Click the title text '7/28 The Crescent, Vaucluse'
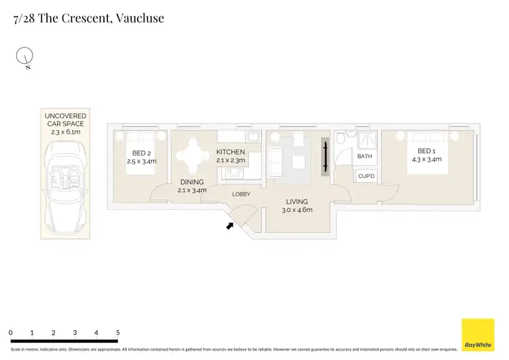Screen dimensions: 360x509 pos(88,18)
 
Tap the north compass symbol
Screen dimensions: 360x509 pos(24,58)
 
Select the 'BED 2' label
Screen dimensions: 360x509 pos(141,152)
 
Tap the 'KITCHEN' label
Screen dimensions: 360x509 pos(230,152)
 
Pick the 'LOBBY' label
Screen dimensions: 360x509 pos(241,194)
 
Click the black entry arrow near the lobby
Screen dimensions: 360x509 pos(230,225)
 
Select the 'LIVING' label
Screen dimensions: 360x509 pos(297,202)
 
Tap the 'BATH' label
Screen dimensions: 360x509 pos(365,156)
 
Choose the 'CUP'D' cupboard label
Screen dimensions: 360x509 pos(366,177)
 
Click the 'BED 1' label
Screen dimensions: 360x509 pos(426,151)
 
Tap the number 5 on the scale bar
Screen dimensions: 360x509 pos(117,332)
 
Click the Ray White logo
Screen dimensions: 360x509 pos(478,335)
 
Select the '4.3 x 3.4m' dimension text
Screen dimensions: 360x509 pos(426,160)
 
